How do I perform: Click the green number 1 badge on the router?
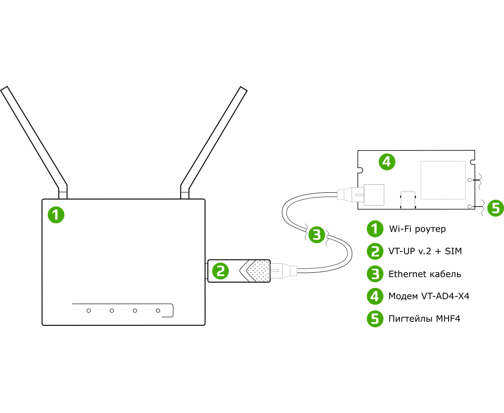pyautogui.click(x=56, y=215)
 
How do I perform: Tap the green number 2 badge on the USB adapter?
pyautogui.click(x=220, y=271)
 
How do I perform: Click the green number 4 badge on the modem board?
pyautogui.click(x=387, y=162)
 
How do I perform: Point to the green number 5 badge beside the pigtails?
pyautogui.click(x=495, y=208)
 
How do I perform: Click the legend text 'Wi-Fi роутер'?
pyautogui.click(x=417, y=229)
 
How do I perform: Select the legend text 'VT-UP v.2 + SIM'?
pyautogui.click(x=425, y=251)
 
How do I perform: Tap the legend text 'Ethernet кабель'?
pyautogui.click(x=424, y=274)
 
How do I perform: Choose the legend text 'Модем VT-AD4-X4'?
pyautogui.click(x=429, y=296)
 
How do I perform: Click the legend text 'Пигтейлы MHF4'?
pyautogui.click(x=424, y=319)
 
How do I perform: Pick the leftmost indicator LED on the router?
pyautogui.click(x=88, y=311)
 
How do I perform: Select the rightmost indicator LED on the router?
pyautogui.click(x=158, y=311)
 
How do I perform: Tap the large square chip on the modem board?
pyautogui.click(x=443, y=180)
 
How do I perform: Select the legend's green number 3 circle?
pyautogui.click(x=375, y=274)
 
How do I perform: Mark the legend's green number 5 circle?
pyautogui.click(x=375, y=319)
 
